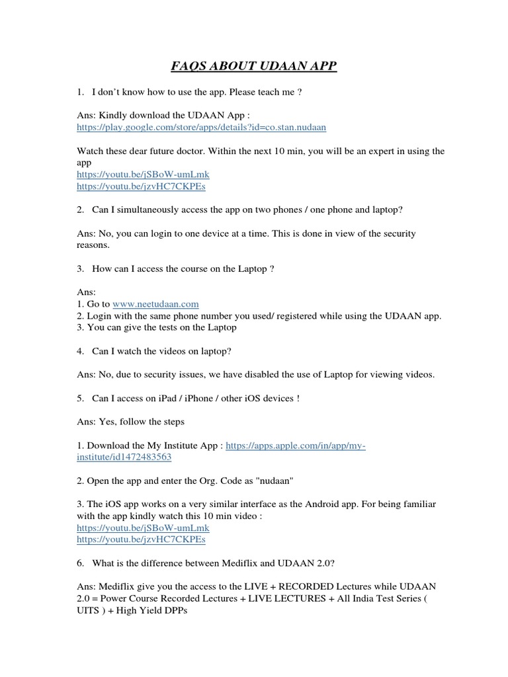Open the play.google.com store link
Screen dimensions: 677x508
click(202, 126)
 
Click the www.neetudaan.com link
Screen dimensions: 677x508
click(155, 303)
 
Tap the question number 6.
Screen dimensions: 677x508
click(80, 564)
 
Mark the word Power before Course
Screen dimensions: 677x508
click(112, 600)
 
